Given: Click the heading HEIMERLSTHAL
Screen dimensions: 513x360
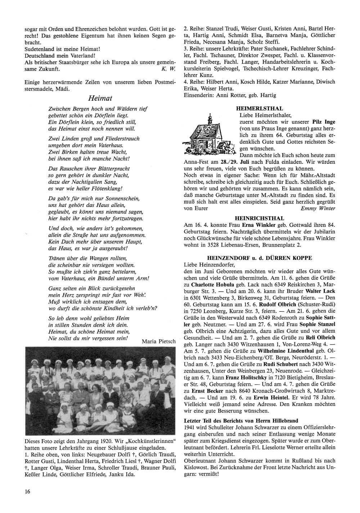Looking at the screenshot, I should click(259, 108).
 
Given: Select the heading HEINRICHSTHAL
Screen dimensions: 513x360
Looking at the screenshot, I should click(259, 218).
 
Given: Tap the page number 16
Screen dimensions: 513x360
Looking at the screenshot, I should click(27, 491).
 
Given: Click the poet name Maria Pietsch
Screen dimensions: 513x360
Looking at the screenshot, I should click(159, 341).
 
